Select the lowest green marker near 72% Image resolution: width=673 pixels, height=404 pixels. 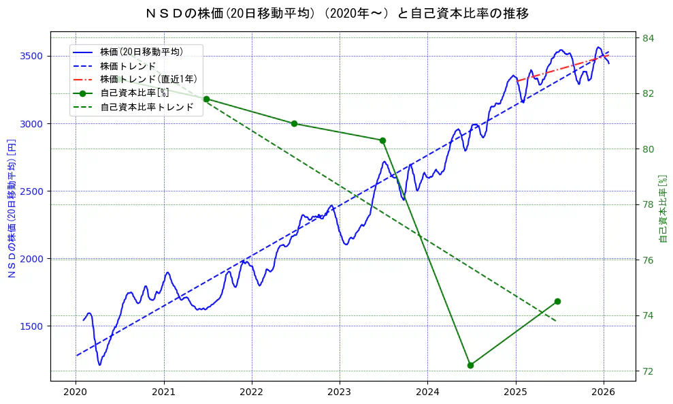pos(470,365)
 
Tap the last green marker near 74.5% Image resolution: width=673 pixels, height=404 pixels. pos(557,301)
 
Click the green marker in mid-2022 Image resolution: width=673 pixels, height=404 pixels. pos(294,123)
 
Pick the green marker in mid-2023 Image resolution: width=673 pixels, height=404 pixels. pos(382,140)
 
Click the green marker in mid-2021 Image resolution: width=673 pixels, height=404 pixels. pos(206,99)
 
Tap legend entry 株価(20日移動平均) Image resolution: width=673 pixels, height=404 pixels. pos(141,51)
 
